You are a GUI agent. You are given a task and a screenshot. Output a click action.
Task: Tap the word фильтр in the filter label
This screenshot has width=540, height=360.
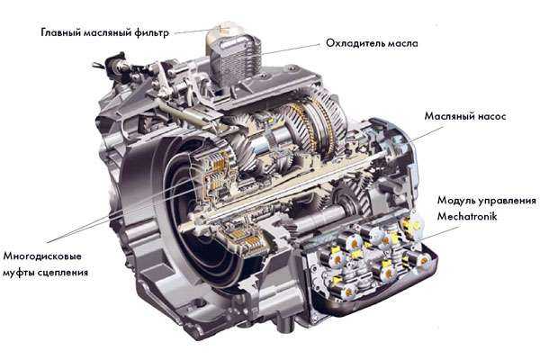click(152, 32)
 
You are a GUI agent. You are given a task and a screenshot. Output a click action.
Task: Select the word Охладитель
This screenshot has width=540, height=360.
click(355, 43)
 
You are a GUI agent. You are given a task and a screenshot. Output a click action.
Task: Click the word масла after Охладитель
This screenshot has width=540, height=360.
click(402, 43)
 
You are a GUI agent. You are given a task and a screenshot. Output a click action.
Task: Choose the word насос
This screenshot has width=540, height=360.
click(489, 116)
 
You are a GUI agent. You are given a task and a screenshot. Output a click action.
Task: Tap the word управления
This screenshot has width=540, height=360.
click(506, 201)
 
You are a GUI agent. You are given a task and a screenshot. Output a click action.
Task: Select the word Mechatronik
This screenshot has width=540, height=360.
click(467, 216)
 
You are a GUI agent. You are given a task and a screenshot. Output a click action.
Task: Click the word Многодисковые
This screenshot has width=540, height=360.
click(42, 256)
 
